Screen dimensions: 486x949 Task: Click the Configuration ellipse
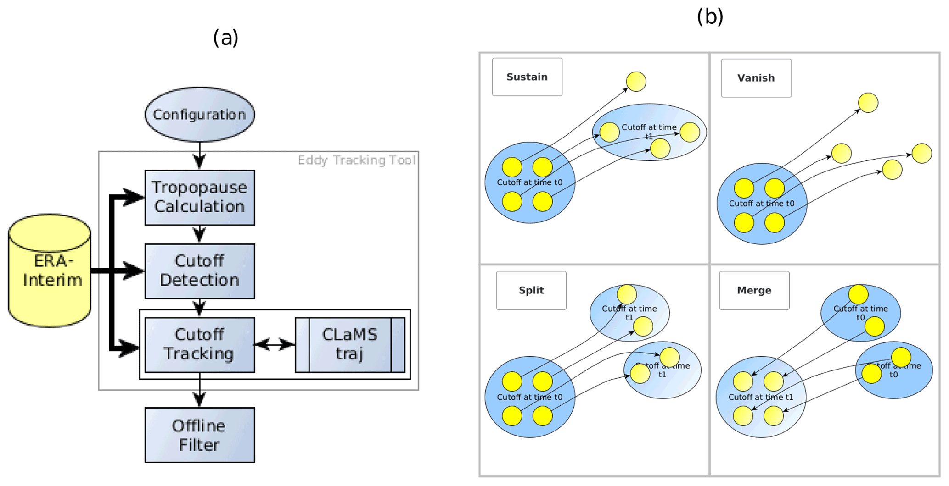[x=199, y=114]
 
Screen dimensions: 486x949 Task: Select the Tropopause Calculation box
[x=199, y=198]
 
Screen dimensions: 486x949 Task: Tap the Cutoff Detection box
[x=199, y=271]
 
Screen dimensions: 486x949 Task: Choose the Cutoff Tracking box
[x=199, y=344]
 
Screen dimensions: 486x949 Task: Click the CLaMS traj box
[x=350, y=344]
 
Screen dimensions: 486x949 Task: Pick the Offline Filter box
[x=199, y=435]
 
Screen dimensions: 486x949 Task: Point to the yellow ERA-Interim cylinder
[x=50, y=271]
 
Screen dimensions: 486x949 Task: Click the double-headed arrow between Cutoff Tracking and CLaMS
[x=275, y=344]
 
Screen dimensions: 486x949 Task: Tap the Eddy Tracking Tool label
[x=356, y=160]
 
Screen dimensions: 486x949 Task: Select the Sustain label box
[x=527, y=77]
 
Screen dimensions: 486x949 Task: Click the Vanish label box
[x=756, y=78]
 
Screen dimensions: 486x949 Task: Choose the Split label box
[x=531, y=290]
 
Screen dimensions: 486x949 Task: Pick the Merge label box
[x=754, y=290]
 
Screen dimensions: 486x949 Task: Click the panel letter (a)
[x=225, y=38]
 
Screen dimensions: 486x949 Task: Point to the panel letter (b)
[x=710, y=17]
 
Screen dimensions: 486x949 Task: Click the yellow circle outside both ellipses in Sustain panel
[x=636, y=82]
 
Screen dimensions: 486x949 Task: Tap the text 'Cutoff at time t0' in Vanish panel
[x=761, y=204]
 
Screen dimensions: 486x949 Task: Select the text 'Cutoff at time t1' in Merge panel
[x=760, y=397]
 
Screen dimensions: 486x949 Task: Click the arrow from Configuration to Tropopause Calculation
[x=199, y=156]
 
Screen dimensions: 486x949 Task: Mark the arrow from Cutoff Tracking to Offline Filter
[x=199, y=390]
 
